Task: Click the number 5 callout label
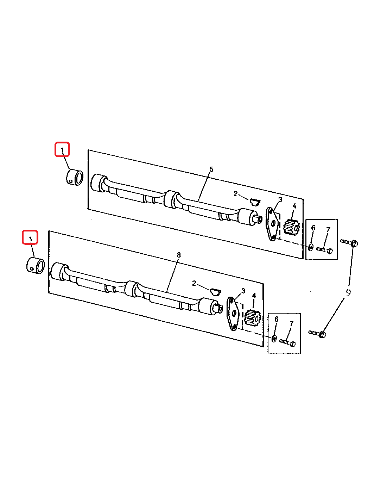pos(211,169)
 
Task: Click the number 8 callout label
pos(179,255)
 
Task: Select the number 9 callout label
pos(348,293)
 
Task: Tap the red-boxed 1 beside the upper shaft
pos(62,150)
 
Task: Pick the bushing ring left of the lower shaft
pos(36,266)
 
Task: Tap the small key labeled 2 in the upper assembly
pos(255,202)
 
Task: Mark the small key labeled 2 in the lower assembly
pos(215,292)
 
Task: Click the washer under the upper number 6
pos(311,247)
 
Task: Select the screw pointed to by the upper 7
pos(324,250)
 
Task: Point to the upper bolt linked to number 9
pos(349,242)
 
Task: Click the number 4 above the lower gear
pos(254,295)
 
